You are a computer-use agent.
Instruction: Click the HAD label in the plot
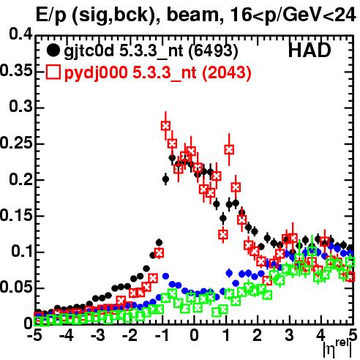pyautogui.click(x=310, y=50)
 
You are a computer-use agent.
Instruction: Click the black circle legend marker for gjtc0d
pyautogui.click(x=53, y=50)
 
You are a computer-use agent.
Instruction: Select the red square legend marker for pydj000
pyautogui.click(x=53, y=72)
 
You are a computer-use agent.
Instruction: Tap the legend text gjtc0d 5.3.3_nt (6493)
pyautogui.click(x=151, y=51)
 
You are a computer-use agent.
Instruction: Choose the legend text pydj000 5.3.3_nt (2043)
pyautogui.click(x=158, y=73)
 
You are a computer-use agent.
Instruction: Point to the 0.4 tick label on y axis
pyautogui.click(x=20, y=34)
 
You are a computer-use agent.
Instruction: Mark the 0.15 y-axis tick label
pyautogui.click(x=16, y=215)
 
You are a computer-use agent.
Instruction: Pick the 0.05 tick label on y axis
pyautogui.click(x=16, y=288)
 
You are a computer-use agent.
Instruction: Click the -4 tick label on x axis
pyautogui.click(x=66, y=335)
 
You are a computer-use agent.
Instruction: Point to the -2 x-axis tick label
pyautogui.click(x=130, y=335)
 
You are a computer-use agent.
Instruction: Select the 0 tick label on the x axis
pyautogui.click(x=194, y=335)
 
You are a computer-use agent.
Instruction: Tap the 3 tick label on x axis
pyautogui.click(x=290, y=335)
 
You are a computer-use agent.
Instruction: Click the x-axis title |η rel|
pyautogui.click(x=337, y=349)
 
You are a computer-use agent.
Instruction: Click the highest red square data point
pyautogui.click(x=165, y=126)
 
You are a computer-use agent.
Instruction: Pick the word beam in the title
pyautogui.click(x=192, y=15)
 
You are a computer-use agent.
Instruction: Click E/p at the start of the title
pyautogui.click(x=50, y=16)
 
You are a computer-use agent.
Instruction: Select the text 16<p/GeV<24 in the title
pyautogui.click(x=292, y=15)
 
